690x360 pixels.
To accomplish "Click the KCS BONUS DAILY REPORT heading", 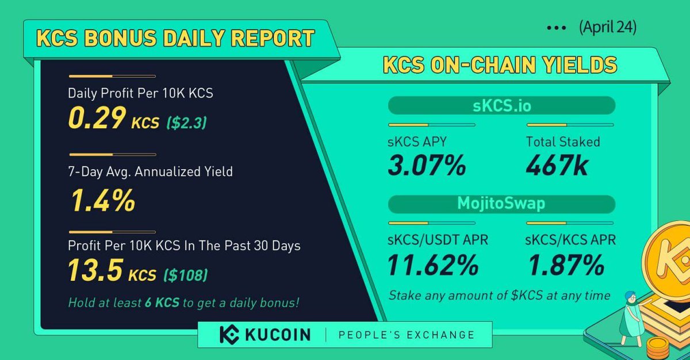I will (x=175, y=39).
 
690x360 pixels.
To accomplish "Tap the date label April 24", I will (x=607, y=28).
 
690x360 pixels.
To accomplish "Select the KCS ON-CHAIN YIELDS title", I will (x=500, y=65).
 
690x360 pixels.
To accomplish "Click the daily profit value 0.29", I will (x=96, y=118).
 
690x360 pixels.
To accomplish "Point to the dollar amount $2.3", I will (x=186, y=122).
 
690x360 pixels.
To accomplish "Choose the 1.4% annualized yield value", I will (x=102, y=201).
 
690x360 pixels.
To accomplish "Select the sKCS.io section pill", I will (x=501, y=106).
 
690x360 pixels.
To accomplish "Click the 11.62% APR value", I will (x=433, y=265).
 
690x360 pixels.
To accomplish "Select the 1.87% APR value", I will (x=565, y=265).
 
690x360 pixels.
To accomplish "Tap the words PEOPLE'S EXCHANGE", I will (x=406, y=335).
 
